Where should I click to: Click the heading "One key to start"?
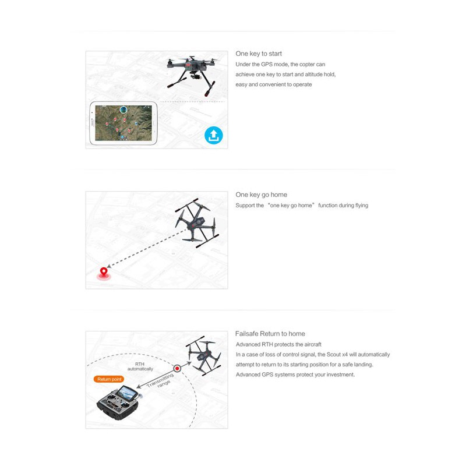pos(259,54)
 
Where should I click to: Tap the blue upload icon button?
pos(214,136)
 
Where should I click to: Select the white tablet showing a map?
pos(122,123)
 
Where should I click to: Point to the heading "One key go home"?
pos(261,195)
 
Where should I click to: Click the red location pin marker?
pos(104,271)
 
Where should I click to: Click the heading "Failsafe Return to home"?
pos(270,334)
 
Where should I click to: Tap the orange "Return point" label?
pos(108,379)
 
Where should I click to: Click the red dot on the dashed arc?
pos(177,368)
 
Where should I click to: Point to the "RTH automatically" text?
pos(140,366)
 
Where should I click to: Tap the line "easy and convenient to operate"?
pos(273,84)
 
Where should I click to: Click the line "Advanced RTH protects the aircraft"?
pos(278,344)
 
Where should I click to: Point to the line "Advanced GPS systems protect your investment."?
pos(295,375)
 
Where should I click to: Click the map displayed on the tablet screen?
pos(123,123)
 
